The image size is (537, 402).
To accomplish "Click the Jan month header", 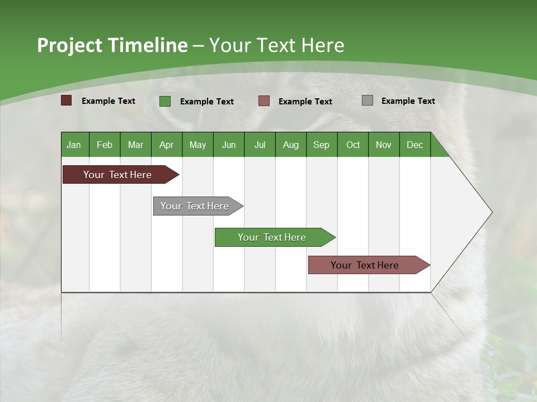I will click(x=74, y=145).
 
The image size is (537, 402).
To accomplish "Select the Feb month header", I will click(x=105, y=145).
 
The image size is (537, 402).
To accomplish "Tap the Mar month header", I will click(x=135, y=145).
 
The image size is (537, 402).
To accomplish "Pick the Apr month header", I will click(x=166, y=145).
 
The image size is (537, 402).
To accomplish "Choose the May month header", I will click(x=197, y=145).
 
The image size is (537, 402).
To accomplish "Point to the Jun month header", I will click(x=229, y=145).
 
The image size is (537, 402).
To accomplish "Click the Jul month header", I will click(x=260, y=145).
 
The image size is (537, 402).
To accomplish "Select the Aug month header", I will click(x=290, y=145).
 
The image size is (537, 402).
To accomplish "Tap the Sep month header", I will click(x=321, y=145).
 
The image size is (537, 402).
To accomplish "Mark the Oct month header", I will click(x=353, y=145).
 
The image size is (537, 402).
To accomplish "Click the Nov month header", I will click(x=384, y=145).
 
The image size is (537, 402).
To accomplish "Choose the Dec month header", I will click(x=414, y=145).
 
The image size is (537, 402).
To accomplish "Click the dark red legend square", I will click(x=67, y=100).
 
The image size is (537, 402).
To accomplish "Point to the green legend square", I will click(x=165, y=101).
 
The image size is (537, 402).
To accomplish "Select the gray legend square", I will click(x=368, y=100).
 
